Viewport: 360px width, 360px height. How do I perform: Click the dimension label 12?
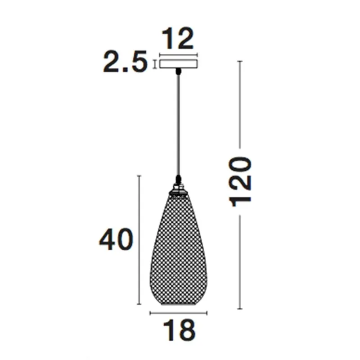point(178,38)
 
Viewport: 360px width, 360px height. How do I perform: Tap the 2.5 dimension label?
point(125,62)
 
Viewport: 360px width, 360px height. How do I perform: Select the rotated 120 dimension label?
point(240,182)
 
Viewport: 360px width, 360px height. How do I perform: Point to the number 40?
point(116,239)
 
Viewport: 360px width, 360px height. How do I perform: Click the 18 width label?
point(179,330)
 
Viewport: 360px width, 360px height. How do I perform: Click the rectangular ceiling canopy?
point(179,64)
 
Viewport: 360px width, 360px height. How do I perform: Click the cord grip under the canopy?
point(178,72)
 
